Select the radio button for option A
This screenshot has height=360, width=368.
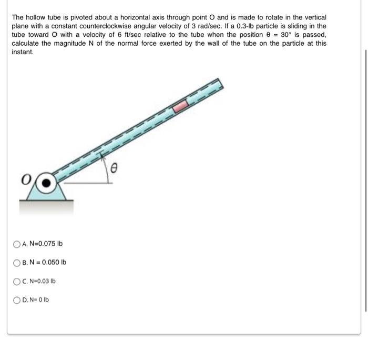pyautogui.click(x=17, y=244)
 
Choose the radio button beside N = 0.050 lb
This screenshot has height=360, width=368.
pyautogui.click(x=17, y=262)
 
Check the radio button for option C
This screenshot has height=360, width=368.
pyautogui.click(x=17, y=281)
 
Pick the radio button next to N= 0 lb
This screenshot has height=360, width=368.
pyautogui.click(x=17, y=300)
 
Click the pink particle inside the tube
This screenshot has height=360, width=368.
pyautogui.click(x=181, y=106)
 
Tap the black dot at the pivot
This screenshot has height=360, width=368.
pyautogui.click(x=47, y=183)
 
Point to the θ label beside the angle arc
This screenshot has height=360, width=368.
pyautogui.click(x=119, y=168)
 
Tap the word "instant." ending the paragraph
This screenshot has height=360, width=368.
pyautogui.click(x=22, y=52)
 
